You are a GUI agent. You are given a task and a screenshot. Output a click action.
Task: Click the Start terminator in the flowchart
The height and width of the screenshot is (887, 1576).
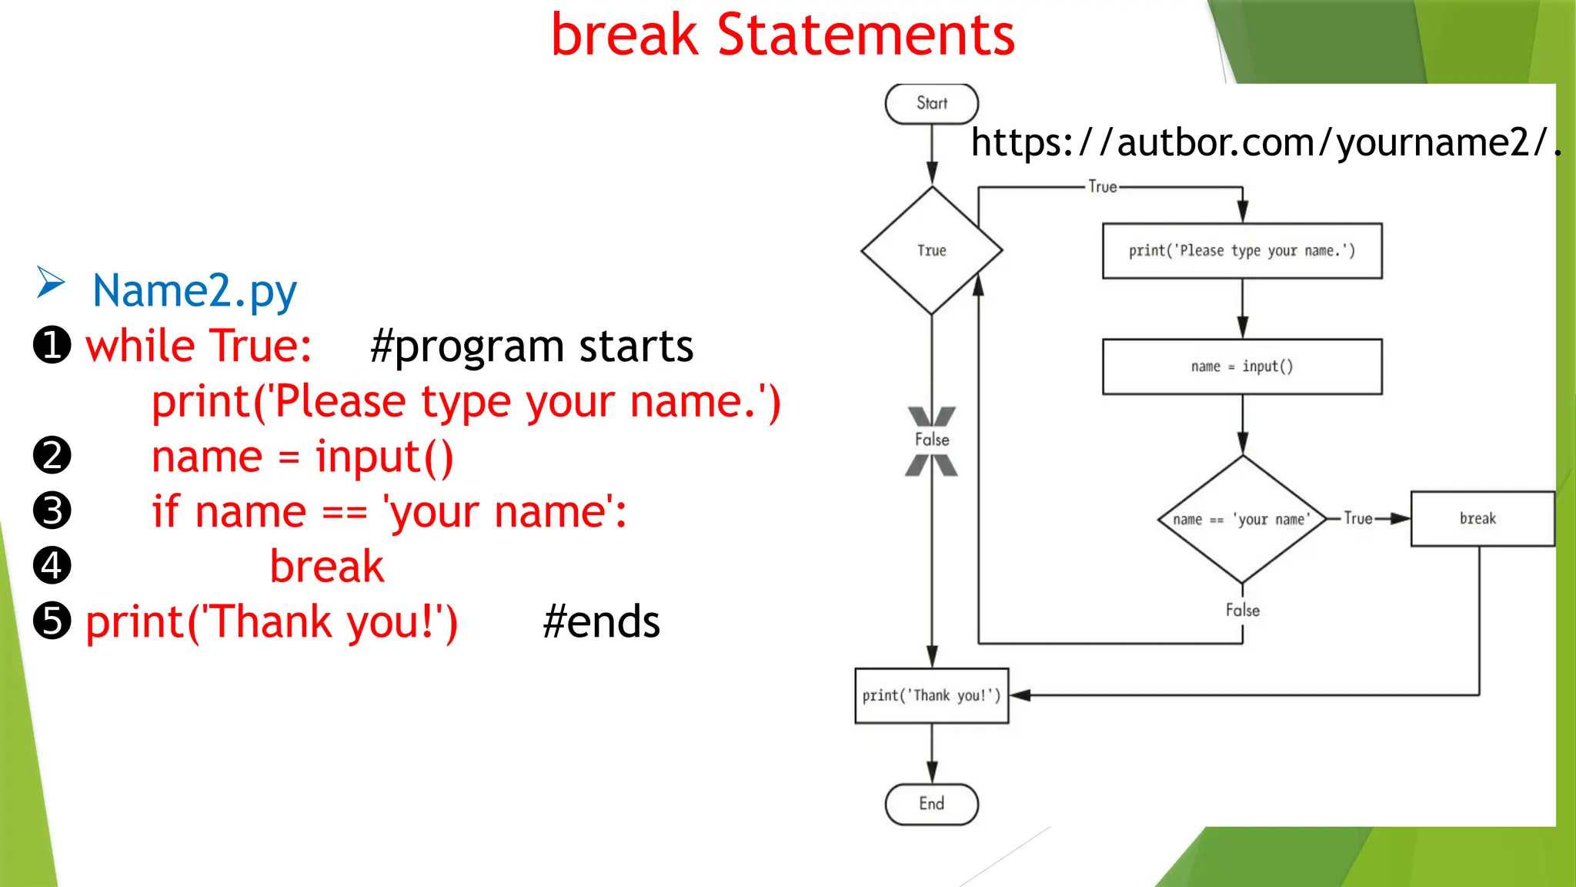(931, 104)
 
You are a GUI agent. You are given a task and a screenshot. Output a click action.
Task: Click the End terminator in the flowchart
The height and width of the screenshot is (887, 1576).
(931, 804)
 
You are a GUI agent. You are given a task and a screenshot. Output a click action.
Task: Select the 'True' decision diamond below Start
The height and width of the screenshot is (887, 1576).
(931, 250)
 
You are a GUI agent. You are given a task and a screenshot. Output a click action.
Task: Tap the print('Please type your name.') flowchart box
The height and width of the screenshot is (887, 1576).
(1241, 251)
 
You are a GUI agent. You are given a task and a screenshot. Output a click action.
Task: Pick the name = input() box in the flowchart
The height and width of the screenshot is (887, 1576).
(1241, 367)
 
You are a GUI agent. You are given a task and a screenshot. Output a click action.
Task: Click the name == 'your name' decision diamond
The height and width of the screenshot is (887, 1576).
(1241, 519)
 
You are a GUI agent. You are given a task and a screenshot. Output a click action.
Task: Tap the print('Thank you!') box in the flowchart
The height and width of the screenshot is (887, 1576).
(931, 695)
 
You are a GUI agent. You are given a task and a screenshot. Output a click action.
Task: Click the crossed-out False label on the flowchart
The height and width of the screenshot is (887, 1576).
(931, 440)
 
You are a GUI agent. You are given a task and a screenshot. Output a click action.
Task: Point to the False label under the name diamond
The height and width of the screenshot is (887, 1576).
(1242, 611)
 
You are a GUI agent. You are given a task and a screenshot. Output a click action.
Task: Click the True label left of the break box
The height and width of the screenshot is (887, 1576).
(1358, 519)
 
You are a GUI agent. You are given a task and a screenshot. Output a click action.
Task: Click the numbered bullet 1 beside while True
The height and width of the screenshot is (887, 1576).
(52, 345)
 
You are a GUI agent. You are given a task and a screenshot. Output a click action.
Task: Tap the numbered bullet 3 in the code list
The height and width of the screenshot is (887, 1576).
(52, 510)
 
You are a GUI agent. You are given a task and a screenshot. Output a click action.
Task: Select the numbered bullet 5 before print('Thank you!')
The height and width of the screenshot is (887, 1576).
(52, 621)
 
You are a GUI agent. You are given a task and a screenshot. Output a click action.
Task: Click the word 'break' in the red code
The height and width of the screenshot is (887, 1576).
(327, 567)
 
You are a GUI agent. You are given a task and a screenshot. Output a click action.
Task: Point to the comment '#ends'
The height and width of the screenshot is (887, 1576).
(601, 621)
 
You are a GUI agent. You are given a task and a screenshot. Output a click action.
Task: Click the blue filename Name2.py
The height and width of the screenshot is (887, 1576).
(195, 291)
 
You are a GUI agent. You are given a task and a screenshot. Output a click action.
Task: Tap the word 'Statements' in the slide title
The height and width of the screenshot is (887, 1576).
(866, 35)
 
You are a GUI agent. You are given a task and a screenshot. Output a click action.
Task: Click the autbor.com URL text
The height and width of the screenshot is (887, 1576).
(1262, 143)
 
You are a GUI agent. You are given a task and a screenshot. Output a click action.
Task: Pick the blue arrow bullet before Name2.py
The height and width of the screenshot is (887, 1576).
(51, 283)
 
